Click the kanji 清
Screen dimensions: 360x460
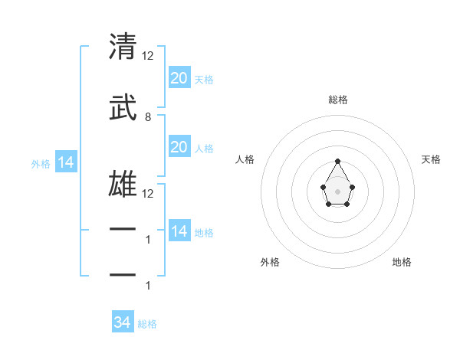(123, 47)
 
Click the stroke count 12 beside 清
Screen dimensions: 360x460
(149, 56)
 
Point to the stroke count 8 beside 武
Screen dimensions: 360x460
(148, 117)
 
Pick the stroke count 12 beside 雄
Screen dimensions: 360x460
(149, 194)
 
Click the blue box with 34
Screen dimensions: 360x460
(123, 322)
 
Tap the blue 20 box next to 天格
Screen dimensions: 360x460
(179, 77)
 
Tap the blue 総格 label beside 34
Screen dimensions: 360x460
(147, 324)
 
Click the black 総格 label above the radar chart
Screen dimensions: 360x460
(337, 100)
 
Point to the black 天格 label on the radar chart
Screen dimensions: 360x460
(432, 159)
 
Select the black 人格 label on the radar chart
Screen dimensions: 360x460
(245, 159)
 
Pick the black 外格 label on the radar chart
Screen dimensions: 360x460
(270, 262)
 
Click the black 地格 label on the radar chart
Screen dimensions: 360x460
(402, 262)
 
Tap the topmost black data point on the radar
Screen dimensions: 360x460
(337, 161)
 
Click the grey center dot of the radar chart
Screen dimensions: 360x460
(337, 190)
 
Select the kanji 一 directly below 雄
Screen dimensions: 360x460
(123, 230)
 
